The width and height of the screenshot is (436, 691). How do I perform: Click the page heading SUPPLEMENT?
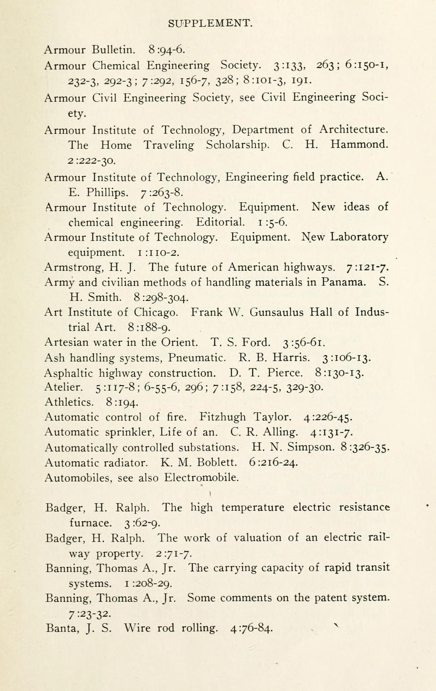click(210, 23)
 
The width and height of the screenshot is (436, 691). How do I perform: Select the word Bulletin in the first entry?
click(114, 49)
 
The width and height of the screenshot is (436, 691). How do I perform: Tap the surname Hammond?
click(359, 145)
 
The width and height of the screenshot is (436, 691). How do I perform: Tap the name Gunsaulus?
click(276, 312)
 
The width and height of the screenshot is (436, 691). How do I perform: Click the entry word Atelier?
click(63, 387)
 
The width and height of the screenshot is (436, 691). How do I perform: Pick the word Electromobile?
click(201, 478)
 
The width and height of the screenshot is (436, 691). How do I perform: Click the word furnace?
click(90, 523)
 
